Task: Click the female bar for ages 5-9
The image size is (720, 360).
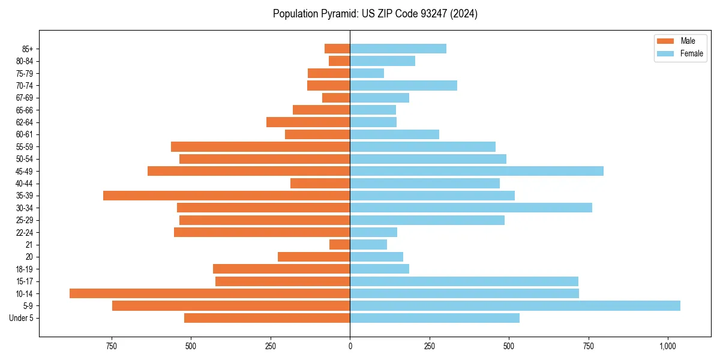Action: (515, 306)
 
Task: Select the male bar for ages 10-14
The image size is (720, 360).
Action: (209, 293)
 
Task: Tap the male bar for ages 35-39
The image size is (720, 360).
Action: (226, 196)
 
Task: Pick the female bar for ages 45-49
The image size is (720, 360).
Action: (476, 171)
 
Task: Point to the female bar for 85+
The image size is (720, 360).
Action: (398, 49)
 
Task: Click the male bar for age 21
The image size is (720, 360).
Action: (340, 245)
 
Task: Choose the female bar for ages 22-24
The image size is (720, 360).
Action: (373, 232)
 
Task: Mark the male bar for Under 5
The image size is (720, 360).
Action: (267, 318)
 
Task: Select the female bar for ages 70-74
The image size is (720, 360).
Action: (403, 86)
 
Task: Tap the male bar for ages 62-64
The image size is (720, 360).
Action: (308, 122)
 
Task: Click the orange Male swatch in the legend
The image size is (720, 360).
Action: (665, 41)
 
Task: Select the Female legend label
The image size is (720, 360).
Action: (691, 53)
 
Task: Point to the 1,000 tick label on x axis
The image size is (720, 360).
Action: (668, 346)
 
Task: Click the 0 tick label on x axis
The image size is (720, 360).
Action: (350, 346)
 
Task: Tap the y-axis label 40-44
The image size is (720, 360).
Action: (25, 184)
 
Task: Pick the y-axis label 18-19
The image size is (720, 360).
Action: (25, 269)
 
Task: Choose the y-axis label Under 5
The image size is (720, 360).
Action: (22, 318)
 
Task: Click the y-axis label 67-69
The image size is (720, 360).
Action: (25, 98)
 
